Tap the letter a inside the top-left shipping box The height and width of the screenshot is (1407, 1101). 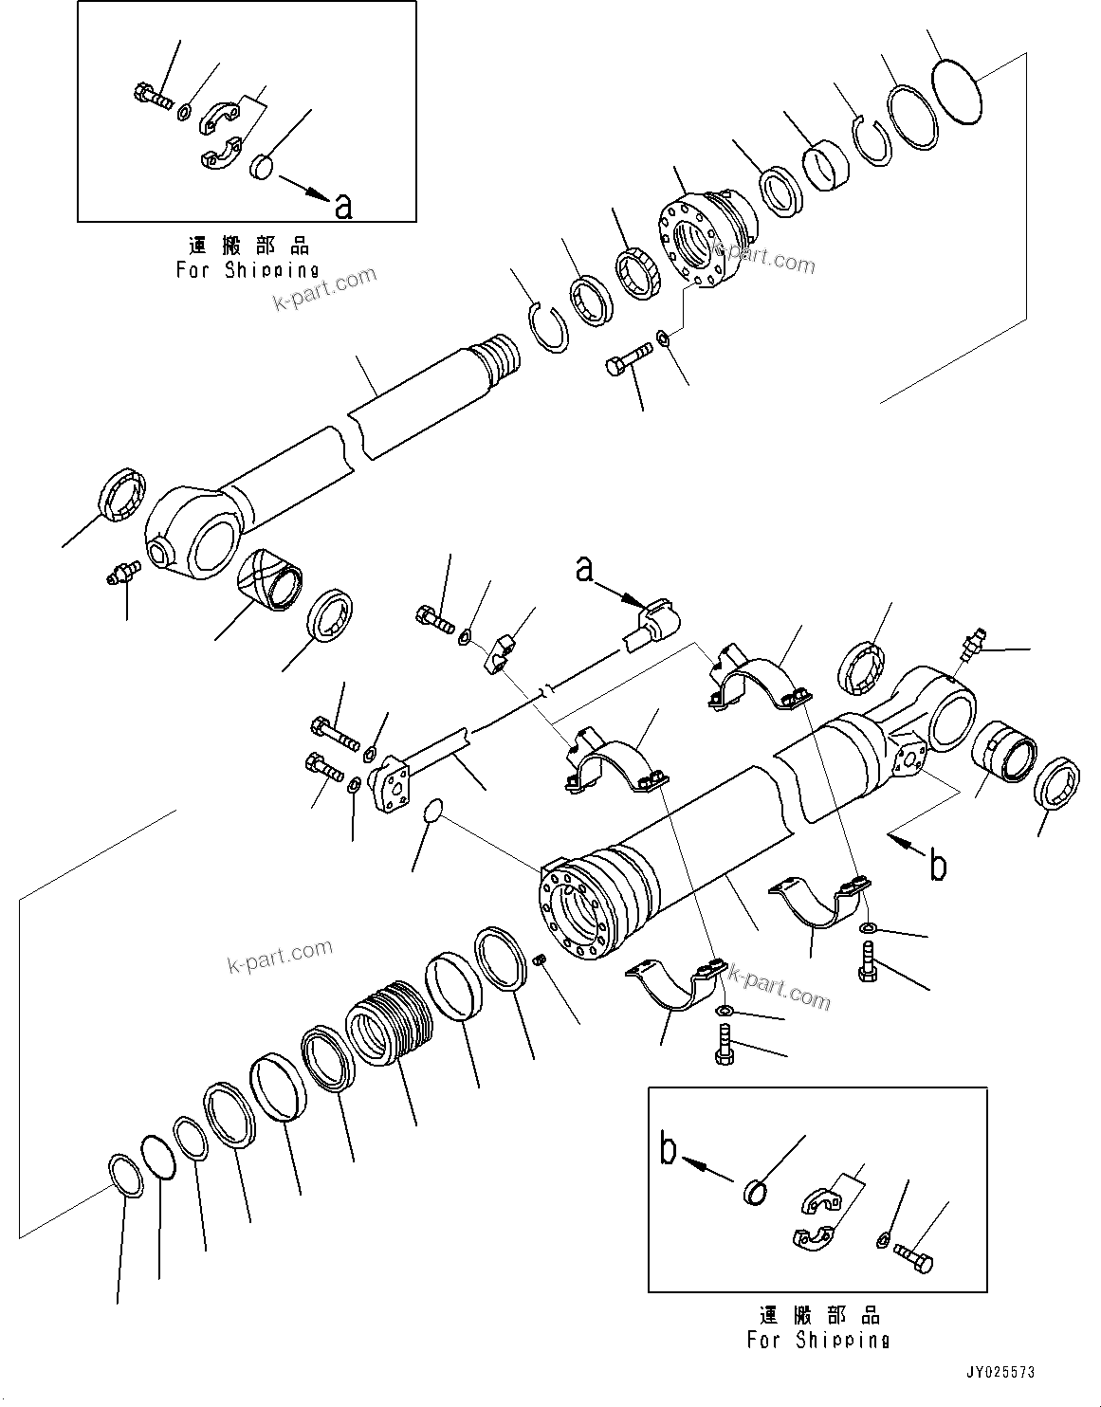[343, 205]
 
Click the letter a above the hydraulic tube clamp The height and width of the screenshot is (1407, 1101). [585, 569]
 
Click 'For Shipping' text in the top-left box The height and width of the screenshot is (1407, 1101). [248, 270]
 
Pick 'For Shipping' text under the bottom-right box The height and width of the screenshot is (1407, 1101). [817, 1340]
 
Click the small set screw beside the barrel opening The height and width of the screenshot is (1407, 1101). [540, 962]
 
